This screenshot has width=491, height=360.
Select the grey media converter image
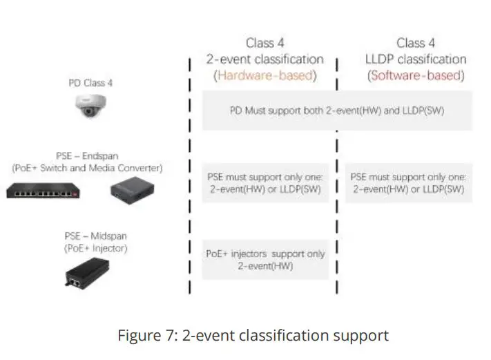tap(133, 187)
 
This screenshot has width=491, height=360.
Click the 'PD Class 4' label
tap(90, 83)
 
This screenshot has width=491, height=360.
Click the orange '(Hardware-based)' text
tap(264, 75)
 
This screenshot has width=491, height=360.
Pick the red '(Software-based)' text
tap(415, 75)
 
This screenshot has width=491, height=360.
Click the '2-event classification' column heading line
tap(264, 59)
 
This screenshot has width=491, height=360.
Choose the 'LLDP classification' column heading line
tap(415, 59)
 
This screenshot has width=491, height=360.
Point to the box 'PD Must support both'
tap(336, 110)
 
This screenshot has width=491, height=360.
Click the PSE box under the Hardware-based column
tap(264, 183)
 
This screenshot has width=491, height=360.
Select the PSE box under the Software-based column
tap(407, 183)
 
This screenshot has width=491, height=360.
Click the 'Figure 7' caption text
tap(253, 336)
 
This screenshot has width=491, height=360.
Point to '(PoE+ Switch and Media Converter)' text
tap(90, 167)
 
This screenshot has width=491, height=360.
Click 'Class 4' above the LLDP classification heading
tap(415, 43)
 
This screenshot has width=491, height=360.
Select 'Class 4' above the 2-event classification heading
tap(264, 43)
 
